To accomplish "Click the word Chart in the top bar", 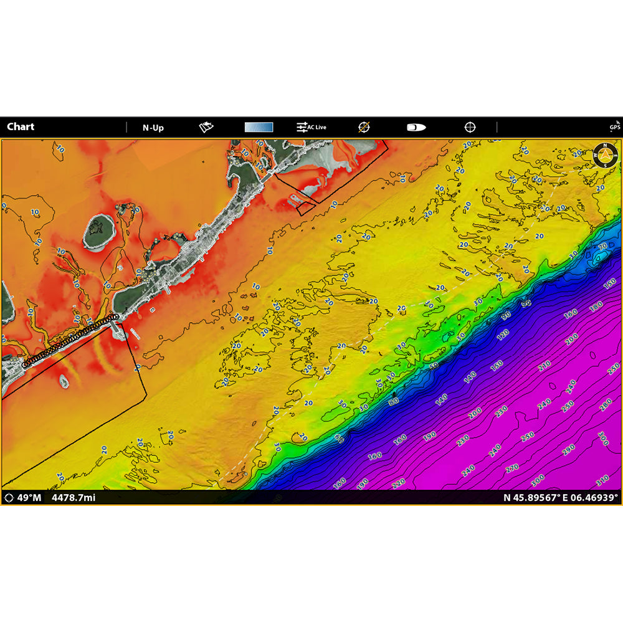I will [x=21, y=127].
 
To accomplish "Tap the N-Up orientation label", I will [x=153, y=128].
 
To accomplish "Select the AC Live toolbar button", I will [x=311, y=127].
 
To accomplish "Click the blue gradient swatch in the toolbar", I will [x=259, y=127].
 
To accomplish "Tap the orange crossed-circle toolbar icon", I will [x=364, y=127].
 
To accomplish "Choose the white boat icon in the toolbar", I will [x=416, y=127].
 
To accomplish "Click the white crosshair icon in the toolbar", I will [x=470, y=127].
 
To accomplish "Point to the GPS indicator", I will [x=614, y=126].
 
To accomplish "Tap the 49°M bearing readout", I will [x=24, y=498].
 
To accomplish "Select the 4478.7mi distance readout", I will [x=73, y=498].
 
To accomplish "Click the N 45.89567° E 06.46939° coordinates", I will [x=560, y=498].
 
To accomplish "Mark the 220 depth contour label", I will [x=398, y=483].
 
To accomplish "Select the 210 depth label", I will [x=544, y=365].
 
